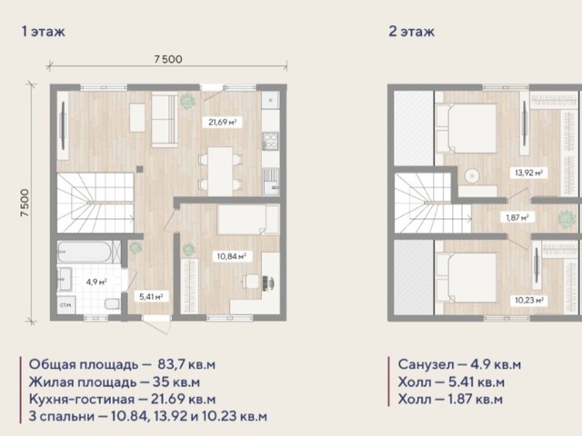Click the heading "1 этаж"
pos(44,32)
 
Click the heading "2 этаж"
pos(412,32)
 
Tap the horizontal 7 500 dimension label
pos(168,59)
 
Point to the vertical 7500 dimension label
pos(25,203)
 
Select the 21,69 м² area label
pos(222,122)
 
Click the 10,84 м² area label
pos(232,256)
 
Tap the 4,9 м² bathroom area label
pos(96,282)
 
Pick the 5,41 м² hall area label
pos(151,297)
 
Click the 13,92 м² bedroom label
pos(528,173)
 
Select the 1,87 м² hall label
pos(517,218)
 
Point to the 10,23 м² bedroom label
pos(529,301)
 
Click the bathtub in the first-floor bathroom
pos(85,252)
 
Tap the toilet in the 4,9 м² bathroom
pos(112,304)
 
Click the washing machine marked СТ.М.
pos(66,305)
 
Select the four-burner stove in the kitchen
pos(270,141)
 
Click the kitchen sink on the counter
pos(271,182)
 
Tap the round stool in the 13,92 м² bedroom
pos(472,175)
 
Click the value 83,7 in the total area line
pos(171,365)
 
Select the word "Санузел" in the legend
pos(426,364)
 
